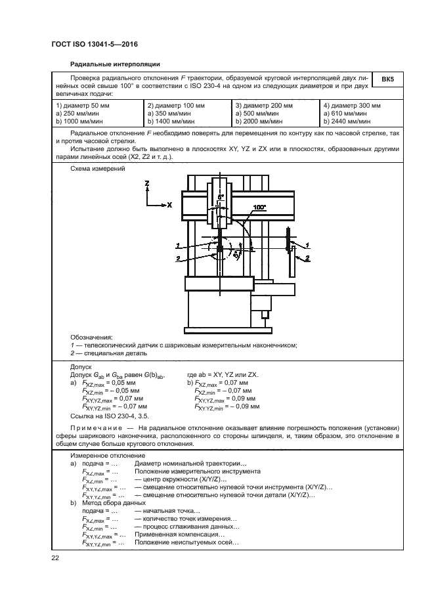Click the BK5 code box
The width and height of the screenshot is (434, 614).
click(x=387, y=79)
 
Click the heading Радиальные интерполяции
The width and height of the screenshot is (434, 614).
click(x=115, y=64)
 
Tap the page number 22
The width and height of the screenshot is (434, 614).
click(x=56, y=558)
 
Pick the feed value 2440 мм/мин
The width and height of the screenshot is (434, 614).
click(x=351, y=121)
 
